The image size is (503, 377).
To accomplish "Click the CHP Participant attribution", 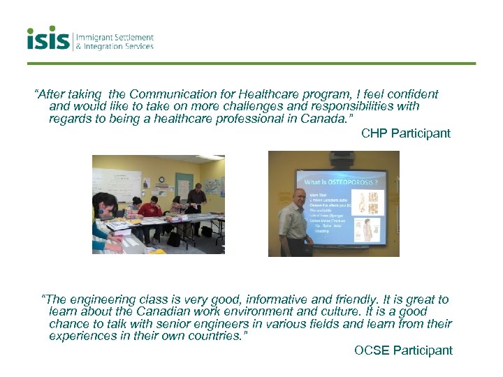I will click(x=406, y=133).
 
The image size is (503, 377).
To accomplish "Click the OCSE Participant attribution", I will click(x=403, y=350).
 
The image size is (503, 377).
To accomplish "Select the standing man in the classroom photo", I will click(x=196, y=202).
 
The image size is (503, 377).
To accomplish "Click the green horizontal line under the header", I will click(x=251, y=64).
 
